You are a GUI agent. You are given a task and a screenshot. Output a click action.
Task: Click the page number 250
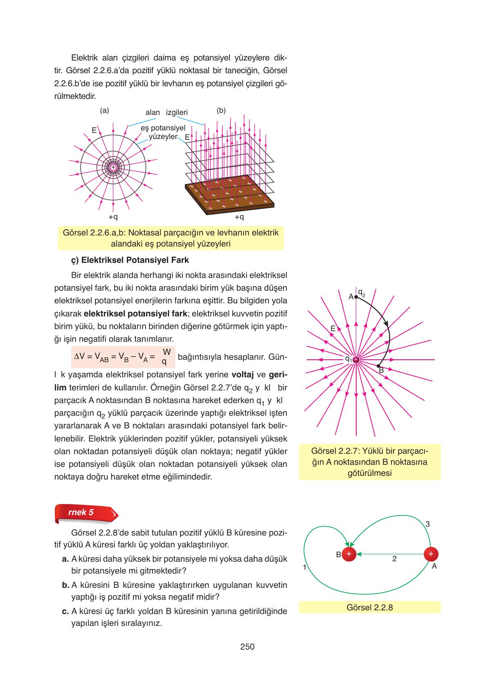pyautogui.click(x=247, y=646)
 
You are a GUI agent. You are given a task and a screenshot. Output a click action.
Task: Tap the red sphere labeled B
pyautogui.click(x=349, y=554)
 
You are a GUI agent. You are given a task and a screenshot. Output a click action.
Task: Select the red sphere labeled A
pyautogui.click(x=431, y=554)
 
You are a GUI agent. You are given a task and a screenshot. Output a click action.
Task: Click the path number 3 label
pyautogui.click(x=427, y=524)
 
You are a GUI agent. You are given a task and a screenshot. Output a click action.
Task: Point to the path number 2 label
pyautogui.click(x=394, y=559)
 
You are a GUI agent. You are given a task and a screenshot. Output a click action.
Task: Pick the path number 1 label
pyautogui.click(x=305, y=567)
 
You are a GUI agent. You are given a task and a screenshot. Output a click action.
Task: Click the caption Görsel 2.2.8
pyautogui.click(x=369, y=607)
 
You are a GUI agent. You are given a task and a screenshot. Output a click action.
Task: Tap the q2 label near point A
pyautogui.click(x=361, y=293)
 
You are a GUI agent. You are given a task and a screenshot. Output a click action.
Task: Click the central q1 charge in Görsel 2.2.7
pyautogui.click(x=356, y=359)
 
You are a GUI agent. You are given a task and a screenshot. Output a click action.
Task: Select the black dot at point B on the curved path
pyautogui.click(x=378, y=366)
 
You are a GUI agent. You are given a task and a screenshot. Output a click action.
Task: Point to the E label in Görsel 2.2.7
pyautogui.click(x=333, y=328)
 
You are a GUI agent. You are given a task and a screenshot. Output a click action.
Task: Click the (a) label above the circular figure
pyautogui.click(x=104, y=110)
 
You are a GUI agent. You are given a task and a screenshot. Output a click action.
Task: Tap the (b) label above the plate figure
pyautogui.click(x=221, y=110)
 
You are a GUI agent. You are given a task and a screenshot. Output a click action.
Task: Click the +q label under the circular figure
pyautogui.click(x=113, y=217)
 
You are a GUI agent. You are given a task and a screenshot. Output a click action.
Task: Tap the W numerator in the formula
pyautogui.click(x=166, y=352)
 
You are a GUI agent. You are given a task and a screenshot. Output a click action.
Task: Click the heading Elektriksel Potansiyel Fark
pyautogui.click(x=130, y=260)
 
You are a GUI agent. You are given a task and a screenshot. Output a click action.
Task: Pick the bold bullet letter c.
pyautogui.click(x=65, y=612)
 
